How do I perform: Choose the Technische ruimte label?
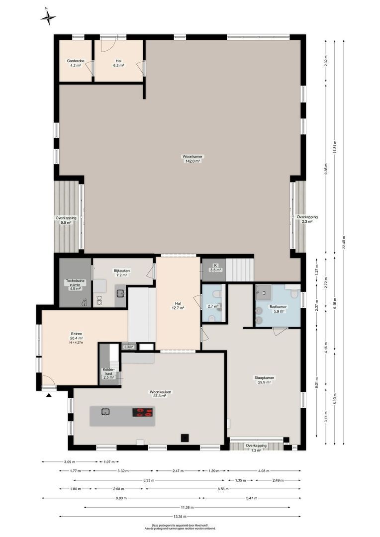pos(75,284)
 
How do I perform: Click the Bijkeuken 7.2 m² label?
pos(122,272)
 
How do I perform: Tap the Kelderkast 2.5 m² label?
pos(109,373)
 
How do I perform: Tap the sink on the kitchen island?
pos(106,411)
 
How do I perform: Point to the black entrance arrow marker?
pos(49,395)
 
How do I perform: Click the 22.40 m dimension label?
pos(344,242)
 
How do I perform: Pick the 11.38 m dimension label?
pos(187,507)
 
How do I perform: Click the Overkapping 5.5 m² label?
pos(66,220)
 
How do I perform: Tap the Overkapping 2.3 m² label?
pos(307,219)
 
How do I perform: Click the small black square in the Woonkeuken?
pos(185,438)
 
